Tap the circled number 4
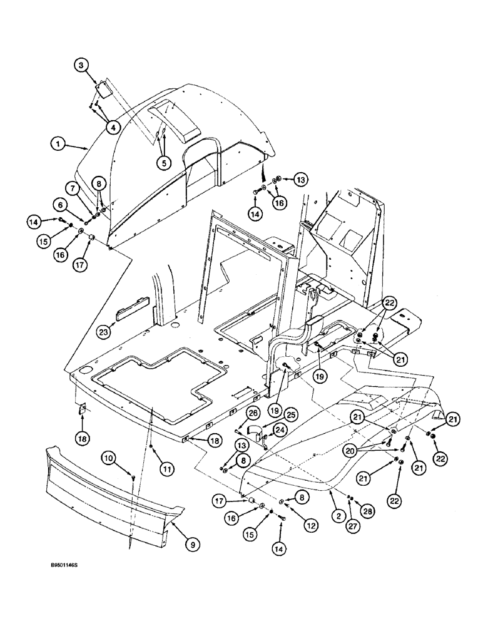tap(113, 127)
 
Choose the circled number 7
tap(73, 187)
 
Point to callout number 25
tap(273, 416)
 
